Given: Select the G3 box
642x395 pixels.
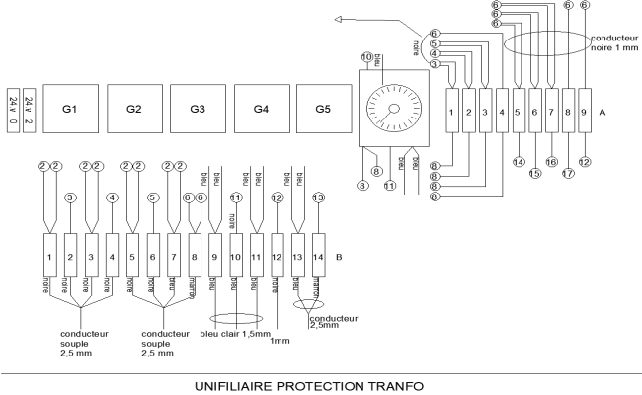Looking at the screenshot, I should (198, 107).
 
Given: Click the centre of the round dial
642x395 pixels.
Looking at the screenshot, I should (394, 109).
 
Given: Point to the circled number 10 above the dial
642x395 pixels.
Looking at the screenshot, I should (368, 58).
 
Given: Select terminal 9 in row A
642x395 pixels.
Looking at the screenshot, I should (585, 113).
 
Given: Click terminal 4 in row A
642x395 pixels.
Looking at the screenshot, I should (502, 113).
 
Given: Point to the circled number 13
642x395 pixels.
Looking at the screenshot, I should (318, 197).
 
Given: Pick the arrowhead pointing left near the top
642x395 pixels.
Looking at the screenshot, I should (339, 18).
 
